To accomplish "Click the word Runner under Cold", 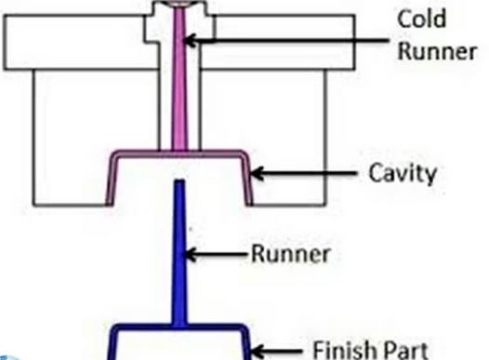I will pyautogui.click(x=437, y=50).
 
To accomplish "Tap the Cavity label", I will pyautogui.click(x=401, y=173).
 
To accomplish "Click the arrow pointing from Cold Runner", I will pyautogui.click(x=279, y=39).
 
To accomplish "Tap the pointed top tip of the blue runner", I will pyautogui.click(x=178, y=184).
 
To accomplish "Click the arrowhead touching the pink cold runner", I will pyautogui.click(x=190, y=39).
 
